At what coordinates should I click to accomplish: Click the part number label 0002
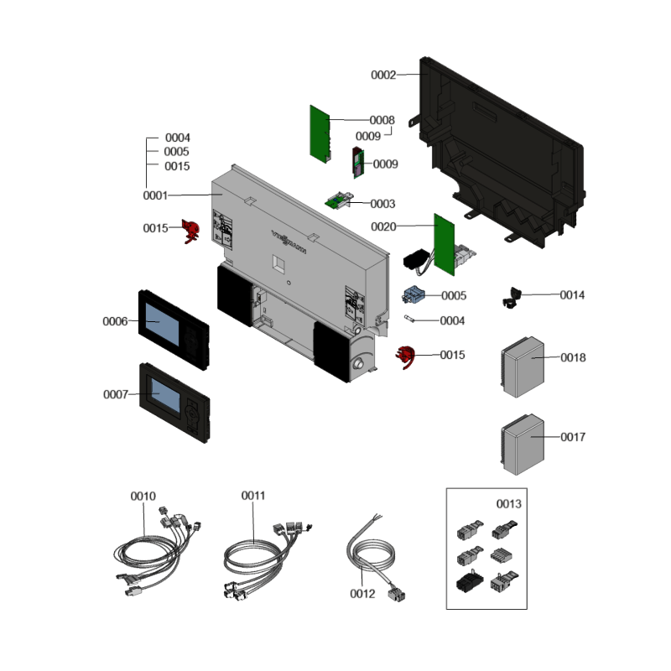click(383, 75)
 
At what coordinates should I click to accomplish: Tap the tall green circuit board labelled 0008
click(320, 133)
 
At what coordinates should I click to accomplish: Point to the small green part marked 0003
click(338, 201)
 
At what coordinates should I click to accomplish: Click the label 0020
click(383, 226)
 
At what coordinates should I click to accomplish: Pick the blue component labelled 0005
click(414, 294)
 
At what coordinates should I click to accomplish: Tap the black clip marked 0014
click(511, 296)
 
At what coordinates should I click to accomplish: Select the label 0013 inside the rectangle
click(509, 504)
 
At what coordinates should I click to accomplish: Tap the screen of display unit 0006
click(164, 322)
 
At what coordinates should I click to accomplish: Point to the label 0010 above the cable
click(143, 496)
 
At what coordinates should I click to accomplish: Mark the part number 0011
click(253, 496)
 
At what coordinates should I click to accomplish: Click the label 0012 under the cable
click(362, 594)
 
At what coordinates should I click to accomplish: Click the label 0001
click(155, 195)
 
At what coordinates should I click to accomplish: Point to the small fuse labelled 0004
click(410, 319)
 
